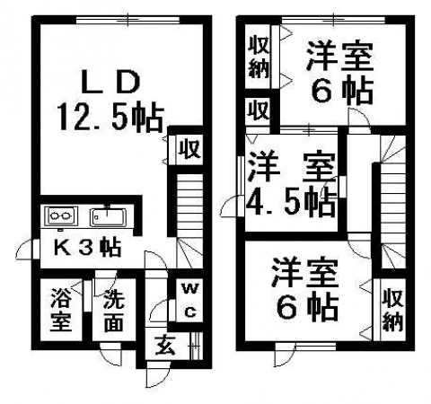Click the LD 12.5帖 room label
tap(111, 101)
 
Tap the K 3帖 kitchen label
tap(87, 247)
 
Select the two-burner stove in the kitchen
tap(61, 215)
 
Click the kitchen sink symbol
tap(108, 216)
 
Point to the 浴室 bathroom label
tap(61, 309)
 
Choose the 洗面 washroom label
tap(114, 312)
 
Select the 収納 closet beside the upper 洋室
tap(259, 57)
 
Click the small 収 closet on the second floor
tap(258, 110)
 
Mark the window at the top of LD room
tap(128, 20)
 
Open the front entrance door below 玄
tap(157, 374)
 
